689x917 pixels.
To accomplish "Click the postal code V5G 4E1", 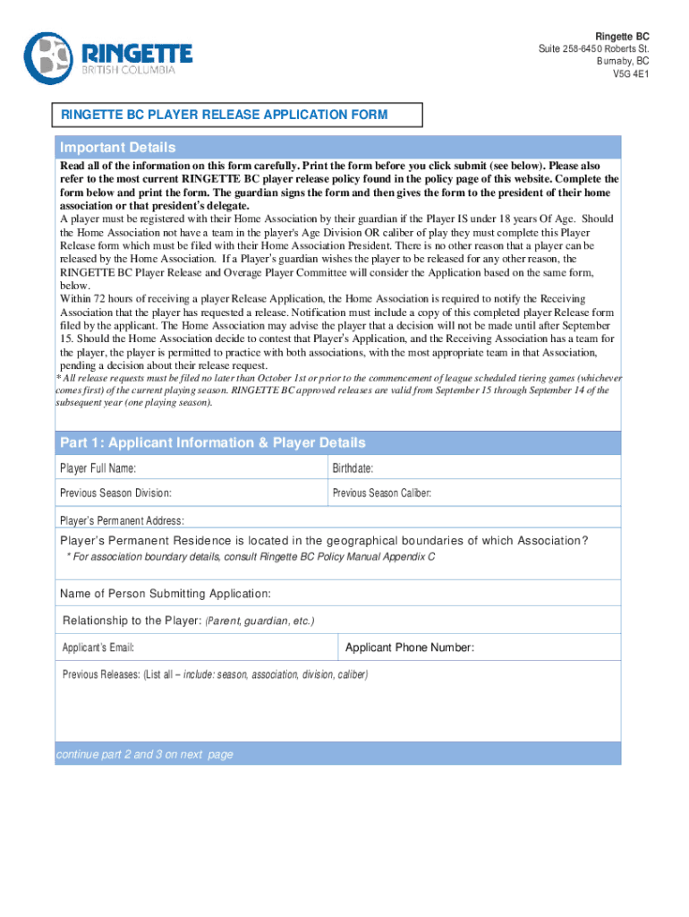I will pyautogui.click(x=631, y=74).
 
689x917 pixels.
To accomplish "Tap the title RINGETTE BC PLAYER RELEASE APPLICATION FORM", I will pyautogui.click(x=225, y=115).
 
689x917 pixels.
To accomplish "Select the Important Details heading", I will pyautogui.click(x=118, y=148).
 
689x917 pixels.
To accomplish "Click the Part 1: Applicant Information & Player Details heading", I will pyautogui.click(x=213, y=443).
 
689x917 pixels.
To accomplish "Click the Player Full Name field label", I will pyautogui.click(x=98, y=468).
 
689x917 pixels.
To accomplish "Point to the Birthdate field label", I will pyautogui.click(x=353, y=468).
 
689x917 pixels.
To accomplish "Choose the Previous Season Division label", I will pyautogui.click(x=115, y=493).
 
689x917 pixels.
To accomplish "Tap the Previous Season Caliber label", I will pyautogui.click(x=382, y=493).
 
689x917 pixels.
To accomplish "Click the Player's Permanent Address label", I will pyautogui.click(x=122, y=520).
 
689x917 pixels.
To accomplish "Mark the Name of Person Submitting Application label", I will pyautogui.click(x=166, y=594).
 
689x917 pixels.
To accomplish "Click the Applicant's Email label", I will pyautogui.click(x=98, y=647).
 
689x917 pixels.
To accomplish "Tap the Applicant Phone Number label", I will pyautogui.click(x=410, y=647).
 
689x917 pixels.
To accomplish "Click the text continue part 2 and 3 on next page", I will pyautogui.click(x=144, y=754).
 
